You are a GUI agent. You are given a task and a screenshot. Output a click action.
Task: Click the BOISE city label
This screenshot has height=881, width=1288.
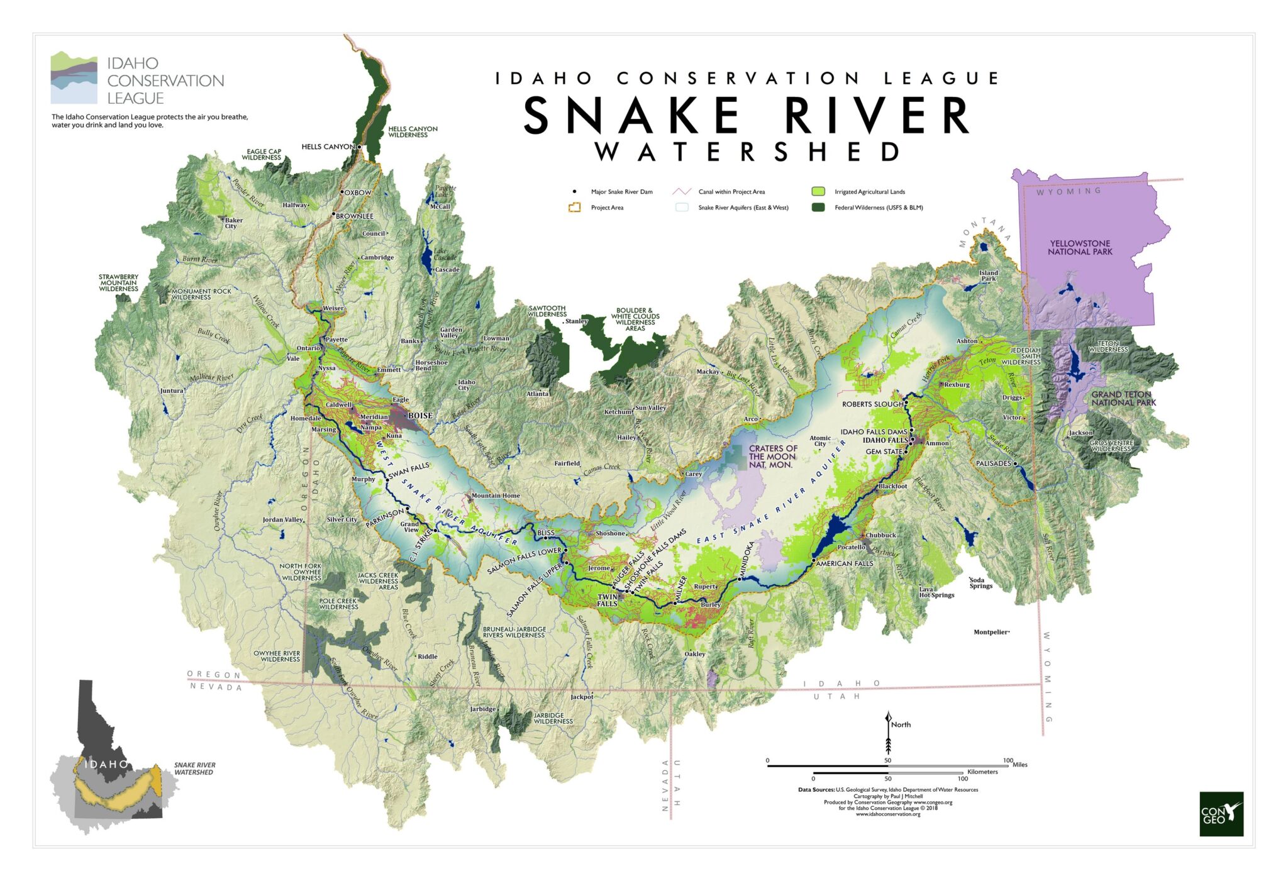tap(420, 416)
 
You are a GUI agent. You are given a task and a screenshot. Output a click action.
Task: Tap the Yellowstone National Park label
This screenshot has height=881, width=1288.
tap(1080, 247)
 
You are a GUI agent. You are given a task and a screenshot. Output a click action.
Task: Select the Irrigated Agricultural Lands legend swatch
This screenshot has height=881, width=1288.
tap(818, 191)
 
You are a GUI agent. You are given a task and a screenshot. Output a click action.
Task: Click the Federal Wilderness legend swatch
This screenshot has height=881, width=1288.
tap(818, 207)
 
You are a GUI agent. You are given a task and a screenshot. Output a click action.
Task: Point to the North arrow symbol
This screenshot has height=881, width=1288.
tap(888, 733)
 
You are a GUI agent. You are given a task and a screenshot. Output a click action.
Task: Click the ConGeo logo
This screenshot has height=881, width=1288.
tap(1221, 813)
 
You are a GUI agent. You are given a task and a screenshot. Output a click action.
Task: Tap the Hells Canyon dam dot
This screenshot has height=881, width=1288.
tap(360, 147)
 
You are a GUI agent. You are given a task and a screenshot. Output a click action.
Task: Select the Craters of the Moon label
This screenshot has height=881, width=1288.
tap(772, 457)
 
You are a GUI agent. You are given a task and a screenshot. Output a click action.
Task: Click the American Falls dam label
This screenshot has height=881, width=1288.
tap(844, 563)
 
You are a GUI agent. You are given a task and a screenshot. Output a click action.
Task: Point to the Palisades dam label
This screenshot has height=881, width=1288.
tap(993, 463)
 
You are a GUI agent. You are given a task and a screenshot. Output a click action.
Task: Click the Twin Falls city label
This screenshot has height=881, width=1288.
tap(607, 600)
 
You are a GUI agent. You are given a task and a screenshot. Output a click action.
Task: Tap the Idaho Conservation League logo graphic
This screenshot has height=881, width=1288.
tap(74, 78)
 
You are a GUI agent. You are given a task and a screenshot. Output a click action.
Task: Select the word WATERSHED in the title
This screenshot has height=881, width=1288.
tap(747, 152)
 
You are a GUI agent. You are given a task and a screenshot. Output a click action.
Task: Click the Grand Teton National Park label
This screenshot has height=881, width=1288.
tap(1123, 399)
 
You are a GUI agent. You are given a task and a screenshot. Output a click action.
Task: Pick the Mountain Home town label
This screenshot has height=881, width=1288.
tap(496, 496)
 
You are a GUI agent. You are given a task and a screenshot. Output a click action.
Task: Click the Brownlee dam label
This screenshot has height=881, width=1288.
tap(354, 216)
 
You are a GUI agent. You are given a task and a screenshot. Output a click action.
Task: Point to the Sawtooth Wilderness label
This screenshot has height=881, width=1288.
tap(547, 311)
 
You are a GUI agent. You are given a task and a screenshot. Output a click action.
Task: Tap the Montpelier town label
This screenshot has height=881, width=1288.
tap(991, 632)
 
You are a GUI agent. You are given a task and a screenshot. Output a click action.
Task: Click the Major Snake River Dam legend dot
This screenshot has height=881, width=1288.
tap(574, 191)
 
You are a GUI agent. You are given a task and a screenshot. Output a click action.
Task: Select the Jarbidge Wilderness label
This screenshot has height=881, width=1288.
tap(553, 718)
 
